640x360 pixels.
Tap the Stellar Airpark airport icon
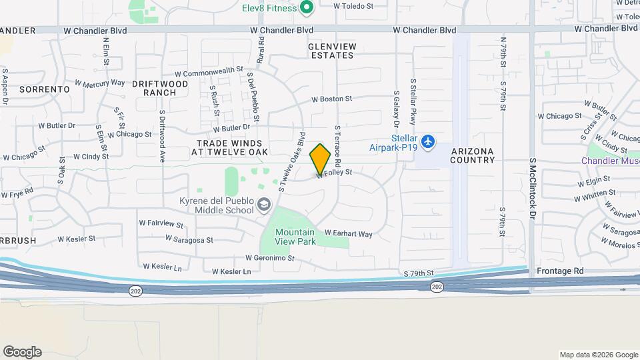tap(427, 143)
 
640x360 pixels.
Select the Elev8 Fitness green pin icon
tap(307, 8)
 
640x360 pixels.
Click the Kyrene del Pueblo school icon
tap(265, 205)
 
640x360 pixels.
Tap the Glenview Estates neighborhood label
tap(332, 51)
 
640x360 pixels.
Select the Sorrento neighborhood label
tap(45, 89)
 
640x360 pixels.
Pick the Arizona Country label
tap(473, 155)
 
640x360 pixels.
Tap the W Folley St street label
tap(335, 173)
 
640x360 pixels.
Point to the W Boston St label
tap(332, 99)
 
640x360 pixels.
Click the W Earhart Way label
tap(348, 234)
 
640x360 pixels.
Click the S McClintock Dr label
tap(533, 189)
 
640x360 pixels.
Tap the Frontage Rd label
tap(560, 271)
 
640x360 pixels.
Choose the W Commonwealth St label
tap(209, 71)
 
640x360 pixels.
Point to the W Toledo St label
tap(354, 5)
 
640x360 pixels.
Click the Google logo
tap(22, 352)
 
